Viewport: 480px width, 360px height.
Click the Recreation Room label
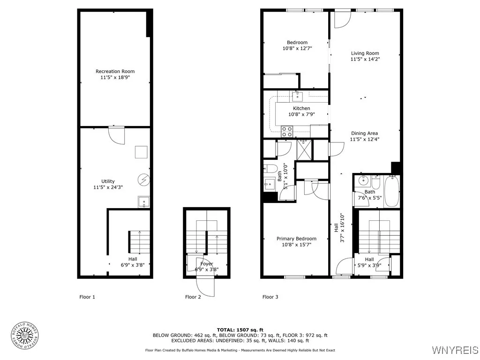(115, 71)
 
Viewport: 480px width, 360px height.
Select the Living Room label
(365, 53)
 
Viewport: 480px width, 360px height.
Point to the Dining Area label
(364, 133)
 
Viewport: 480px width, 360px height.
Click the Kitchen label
(301, 108)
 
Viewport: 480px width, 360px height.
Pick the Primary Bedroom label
(296, 239)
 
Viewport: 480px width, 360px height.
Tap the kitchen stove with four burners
(287, 131)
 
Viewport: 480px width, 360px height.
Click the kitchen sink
(297, 97)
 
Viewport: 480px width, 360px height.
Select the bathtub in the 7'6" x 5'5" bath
(391, 191)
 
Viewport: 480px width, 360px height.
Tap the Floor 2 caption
(193, 297)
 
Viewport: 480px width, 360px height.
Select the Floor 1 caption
(87, 297)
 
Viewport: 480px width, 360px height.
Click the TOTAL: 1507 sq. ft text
(240, 330)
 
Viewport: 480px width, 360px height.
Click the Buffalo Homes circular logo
(24, 335)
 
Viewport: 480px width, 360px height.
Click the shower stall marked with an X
(304, 150)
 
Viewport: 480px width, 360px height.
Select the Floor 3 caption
(270, 297)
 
